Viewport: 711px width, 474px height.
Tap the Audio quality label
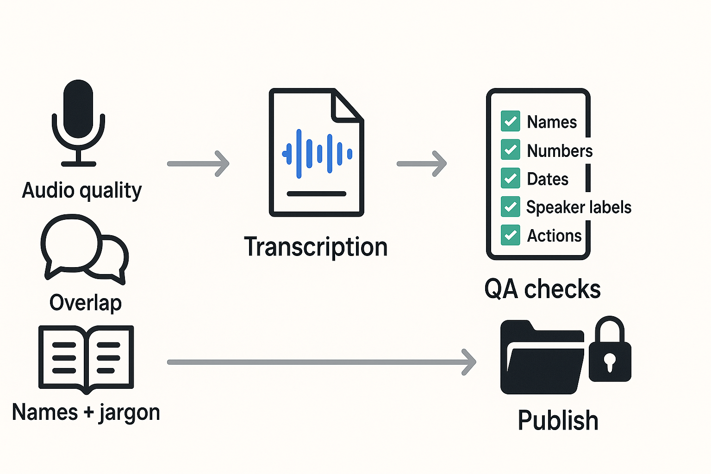(82, 190)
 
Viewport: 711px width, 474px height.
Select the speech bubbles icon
(84, 248)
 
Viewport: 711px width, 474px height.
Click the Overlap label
(86, 303)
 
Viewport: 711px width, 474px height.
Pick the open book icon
(86, 359)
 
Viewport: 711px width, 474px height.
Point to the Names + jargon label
(86, 412)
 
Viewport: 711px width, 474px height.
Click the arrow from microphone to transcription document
(198, 163)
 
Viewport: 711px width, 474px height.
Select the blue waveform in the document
(317, 154)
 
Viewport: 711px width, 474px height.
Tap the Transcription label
(316, 247)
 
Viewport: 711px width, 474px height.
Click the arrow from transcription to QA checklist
(422, 163)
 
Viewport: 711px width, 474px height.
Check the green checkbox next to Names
(510, 121)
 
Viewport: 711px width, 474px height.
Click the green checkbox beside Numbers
(510, 150)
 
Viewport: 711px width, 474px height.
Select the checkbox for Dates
(510, 178)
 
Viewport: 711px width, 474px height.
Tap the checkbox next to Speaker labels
(510, 207)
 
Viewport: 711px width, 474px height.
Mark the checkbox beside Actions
(510, 235)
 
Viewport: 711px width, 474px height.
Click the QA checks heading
(543, 289)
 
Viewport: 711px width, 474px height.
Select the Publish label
(558, 420)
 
